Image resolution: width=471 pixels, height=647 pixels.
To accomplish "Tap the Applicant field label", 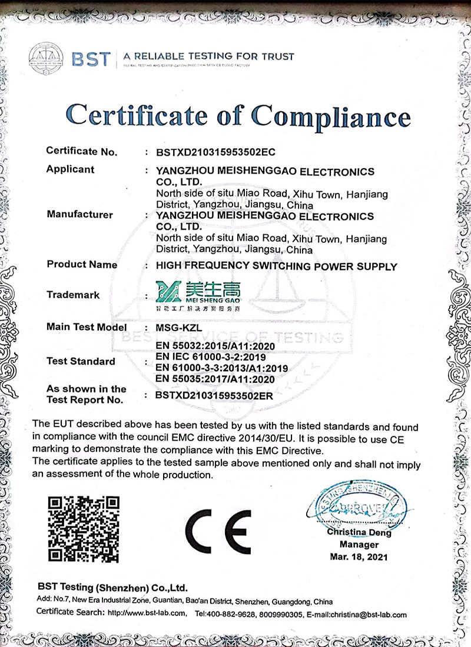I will point(70,169).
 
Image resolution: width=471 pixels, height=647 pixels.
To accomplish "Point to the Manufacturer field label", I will point(79,215).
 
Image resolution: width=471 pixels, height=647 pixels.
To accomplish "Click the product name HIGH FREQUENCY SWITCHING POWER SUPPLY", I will point(276,266).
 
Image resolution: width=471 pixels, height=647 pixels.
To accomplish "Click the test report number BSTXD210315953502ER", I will point(214,396).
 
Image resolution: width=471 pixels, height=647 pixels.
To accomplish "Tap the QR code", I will point(84,529).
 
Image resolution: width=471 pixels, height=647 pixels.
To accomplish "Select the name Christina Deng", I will point(359,533).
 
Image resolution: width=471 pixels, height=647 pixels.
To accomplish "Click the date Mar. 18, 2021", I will point(359,557).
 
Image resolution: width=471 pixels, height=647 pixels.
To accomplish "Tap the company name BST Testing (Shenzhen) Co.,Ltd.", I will point(112,587).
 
